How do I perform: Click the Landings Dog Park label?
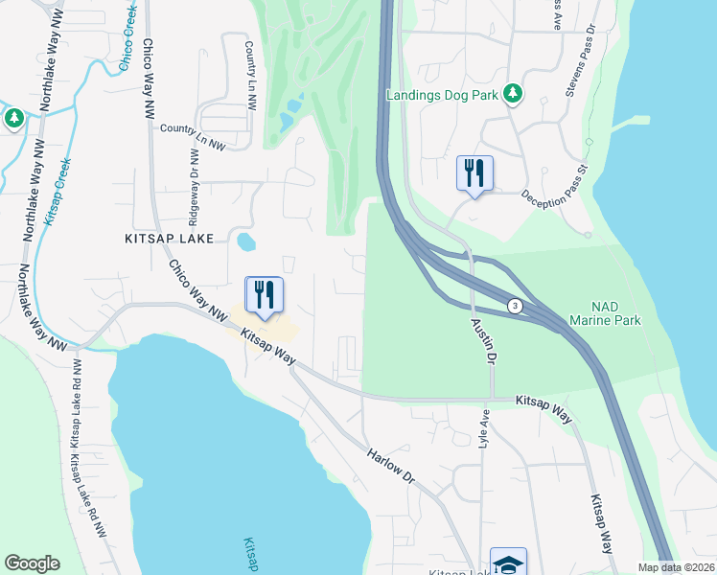443,95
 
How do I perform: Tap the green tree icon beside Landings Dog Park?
514,93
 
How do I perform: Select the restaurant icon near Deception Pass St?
474,173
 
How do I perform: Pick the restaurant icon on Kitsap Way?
264,295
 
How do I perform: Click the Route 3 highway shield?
516,306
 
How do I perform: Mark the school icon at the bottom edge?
508,563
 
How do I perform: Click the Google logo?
32,563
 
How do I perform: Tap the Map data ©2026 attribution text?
676,567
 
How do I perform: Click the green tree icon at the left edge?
13,118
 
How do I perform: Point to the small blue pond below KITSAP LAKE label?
245,241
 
